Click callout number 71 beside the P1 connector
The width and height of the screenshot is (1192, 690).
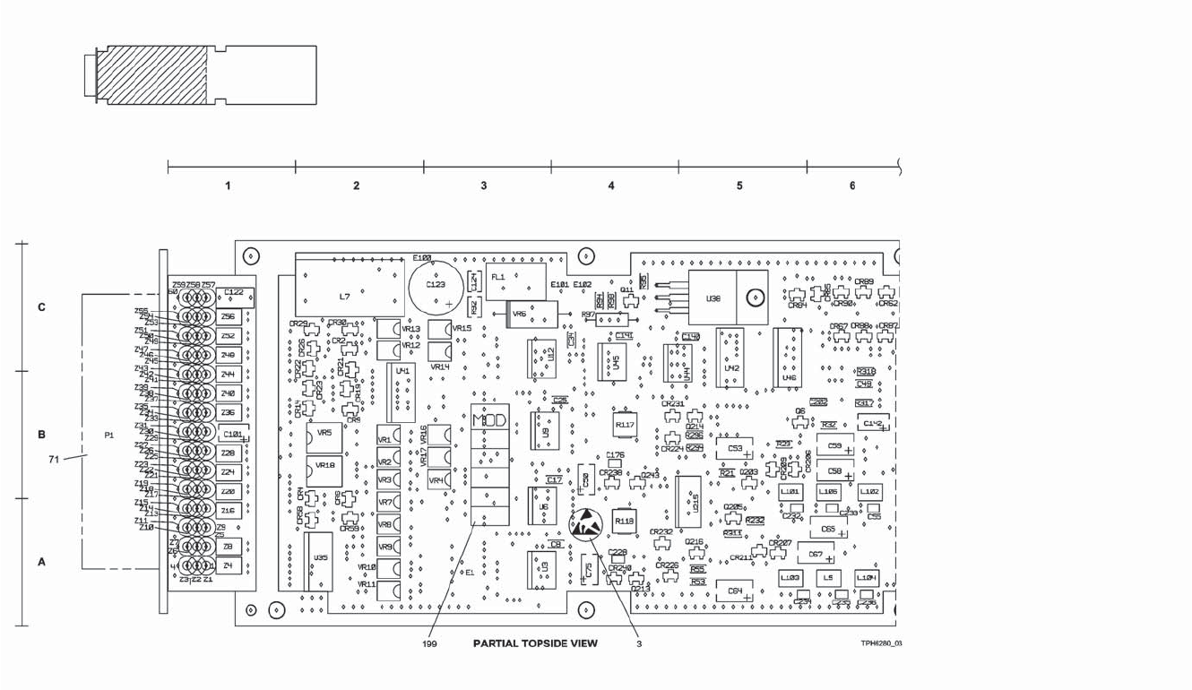point(55,460)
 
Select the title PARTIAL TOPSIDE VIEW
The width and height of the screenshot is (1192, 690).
point(535,643)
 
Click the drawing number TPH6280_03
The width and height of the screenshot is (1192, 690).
point(881,643)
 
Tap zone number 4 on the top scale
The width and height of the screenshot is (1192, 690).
point(611,185)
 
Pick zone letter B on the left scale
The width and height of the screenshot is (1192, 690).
point(41,436)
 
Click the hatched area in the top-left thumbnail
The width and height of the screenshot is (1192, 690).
point(154,75)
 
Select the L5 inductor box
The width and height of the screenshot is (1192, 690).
point(828,579)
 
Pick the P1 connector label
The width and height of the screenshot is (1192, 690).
point(109,436)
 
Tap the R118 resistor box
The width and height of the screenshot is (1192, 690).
point(625,521)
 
